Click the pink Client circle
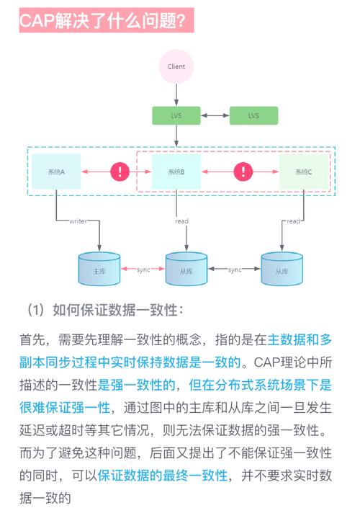pos(176,66)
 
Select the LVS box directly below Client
pos(176,115)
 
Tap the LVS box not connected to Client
pos(253,115)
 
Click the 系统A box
pos(56,171)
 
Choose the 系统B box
pos(176,171)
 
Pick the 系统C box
pos(303,171)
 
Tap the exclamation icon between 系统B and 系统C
pos(243,171)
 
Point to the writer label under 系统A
pos(77,221)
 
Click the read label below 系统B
pos(181,221)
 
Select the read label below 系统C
pos(293,221)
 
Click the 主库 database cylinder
pos(99,269)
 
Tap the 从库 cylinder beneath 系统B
pos(186,269)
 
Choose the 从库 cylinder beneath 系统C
pos(281,269)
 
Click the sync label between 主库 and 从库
pos(143,269)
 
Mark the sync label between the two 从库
pos(234,269)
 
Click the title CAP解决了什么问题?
pos(106,22)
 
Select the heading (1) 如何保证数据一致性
pos(106,310)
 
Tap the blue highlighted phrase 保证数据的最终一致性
pos(163,476)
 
